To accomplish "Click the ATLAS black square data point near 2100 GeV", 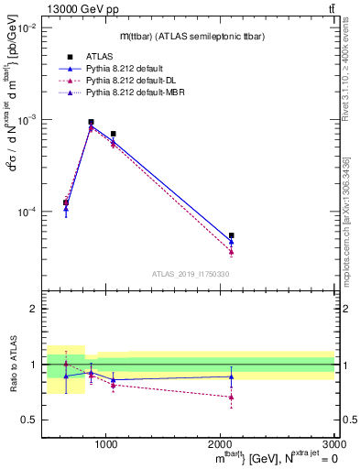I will click(x=231, y=235).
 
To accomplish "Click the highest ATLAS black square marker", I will click(x=91, y=122).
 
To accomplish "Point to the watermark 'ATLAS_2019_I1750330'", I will click(x=191, y=274).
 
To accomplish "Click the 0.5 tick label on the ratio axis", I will click(x=29, y=420).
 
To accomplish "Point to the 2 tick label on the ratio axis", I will click(x=34, y=310).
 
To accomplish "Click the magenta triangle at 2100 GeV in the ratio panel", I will click(x=231, y=398).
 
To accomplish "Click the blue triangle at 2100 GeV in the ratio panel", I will click(x=231, y=376).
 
